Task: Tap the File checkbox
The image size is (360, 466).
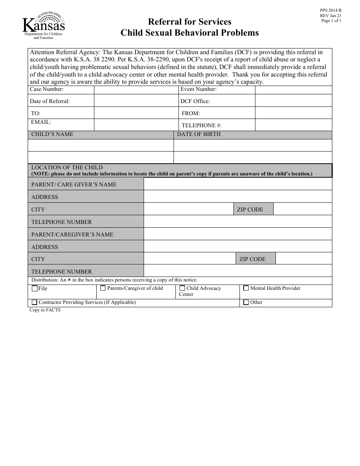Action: click(x=35, y=289)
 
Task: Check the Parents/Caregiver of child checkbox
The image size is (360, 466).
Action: click(x=103, y=288)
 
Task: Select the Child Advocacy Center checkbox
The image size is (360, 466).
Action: click(x=182, y=288)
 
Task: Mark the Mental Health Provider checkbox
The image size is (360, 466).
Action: click(x=246, y=288)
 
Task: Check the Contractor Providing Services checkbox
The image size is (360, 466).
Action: click(x=34, y=302)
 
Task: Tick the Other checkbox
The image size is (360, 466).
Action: click(x=246, y=302)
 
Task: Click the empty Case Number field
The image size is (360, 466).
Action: click(x=136, y=90)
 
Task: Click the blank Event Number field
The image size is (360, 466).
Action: click(x=294, y=90)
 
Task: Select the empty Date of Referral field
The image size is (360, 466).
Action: click(x=136, y=101)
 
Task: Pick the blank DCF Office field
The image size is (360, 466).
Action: click(x=294, y=101)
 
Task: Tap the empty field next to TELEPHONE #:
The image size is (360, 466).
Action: click(x=294, y=125)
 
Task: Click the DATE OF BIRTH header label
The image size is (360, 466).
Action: click(x=199, y=134)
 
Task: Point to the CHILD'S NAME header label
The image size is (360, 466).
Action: click(x=52, y=134)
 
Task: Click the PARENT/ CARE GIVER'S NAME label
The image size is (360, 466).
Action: click(x=74, y=185)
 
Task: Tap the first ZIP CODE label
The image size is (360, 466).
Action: click(x=250, y=210)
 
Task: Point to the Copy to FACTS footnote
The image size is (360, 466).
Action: click(x=45, y=310)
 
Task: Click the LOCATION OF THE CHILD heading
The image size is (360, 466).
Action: click(x=67, y=167)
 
